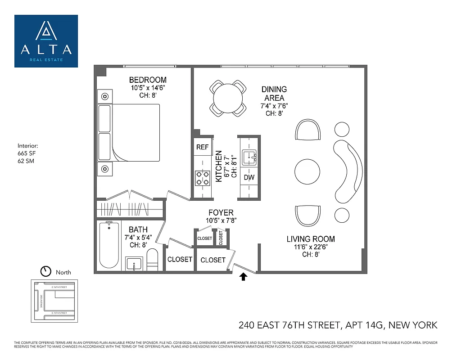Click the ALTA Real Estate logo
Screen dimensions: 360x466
[x=46, y=41]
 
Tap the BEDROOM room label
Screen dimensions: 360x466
[x=148, y=80]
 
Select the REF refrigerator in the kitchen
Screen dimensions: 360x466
[x=202, y=147]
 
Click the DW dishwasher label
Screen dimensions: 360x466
[x=249, y=177]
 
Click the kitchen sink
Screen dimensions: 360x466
[x=249, y=157]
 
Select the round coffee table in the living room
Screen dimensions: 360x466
[x=308, y=171]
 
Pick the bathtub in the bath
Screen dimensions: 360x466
[x=109, y=245]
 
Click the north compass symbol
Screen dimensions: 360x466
[x=45, y=271]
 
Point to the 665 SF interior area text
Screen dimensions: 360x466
[x=25, y=153]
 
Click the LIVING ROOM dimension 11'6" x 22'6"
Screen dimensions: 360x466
[x=311, y=247]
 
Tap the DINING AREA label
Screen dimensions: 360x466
[x=274, y=94]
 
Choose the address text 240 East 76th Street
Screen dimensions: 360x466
[x=338, y=325]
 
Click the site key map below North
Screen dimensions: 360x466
[x=54, y=300]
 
